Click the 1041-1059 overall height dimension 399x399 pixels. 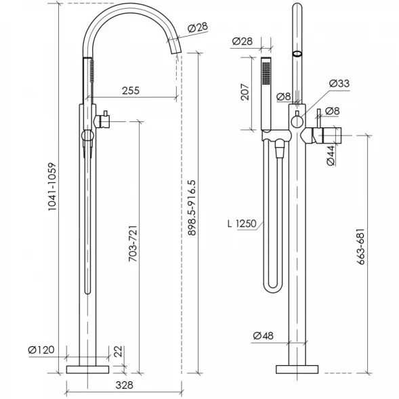[52, 186]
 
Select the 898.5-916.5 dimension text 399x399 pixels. [192, 208]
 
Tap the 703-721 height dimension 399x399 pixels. [133, 243]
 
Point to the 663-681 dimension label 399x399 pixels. [360, 247]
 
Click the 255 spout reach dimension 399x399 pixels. [131, 91]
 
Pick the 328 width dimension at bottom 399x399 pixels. [125, 385]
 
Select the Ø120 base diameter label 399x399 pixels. [41, 350]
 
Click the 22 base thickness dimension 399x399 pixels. [119, 352]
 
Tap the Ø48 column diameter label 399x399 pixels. [264, 335]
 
